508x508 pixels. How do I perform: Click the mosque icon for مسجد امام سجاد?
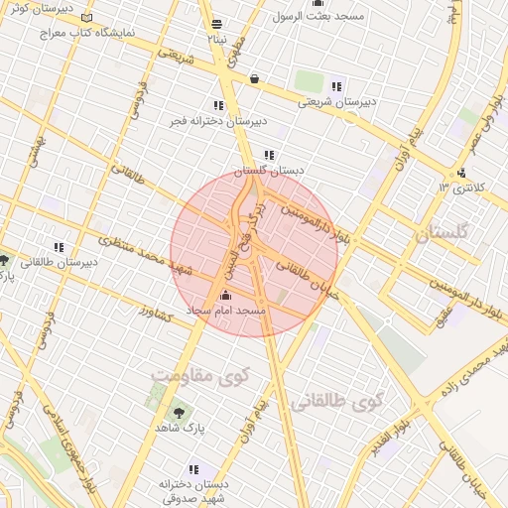click(x=224, y=295)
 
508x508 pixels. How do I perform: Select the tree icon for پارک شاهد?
click(x=179, y=412)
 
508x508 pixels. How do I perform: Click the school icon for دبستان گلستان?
click(x=269, y=155)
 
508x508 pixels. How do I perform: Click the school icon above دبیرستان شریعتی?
click(x=337, y=85)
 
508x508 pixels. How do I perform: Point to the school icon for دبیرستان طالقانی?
click(x=59, y=247)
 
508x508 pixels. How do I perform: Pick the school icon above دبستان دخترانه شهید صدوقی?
click(x=193, y=468)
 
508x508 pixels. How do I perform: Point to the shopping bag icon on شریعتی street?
click(x=255, y=78)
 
